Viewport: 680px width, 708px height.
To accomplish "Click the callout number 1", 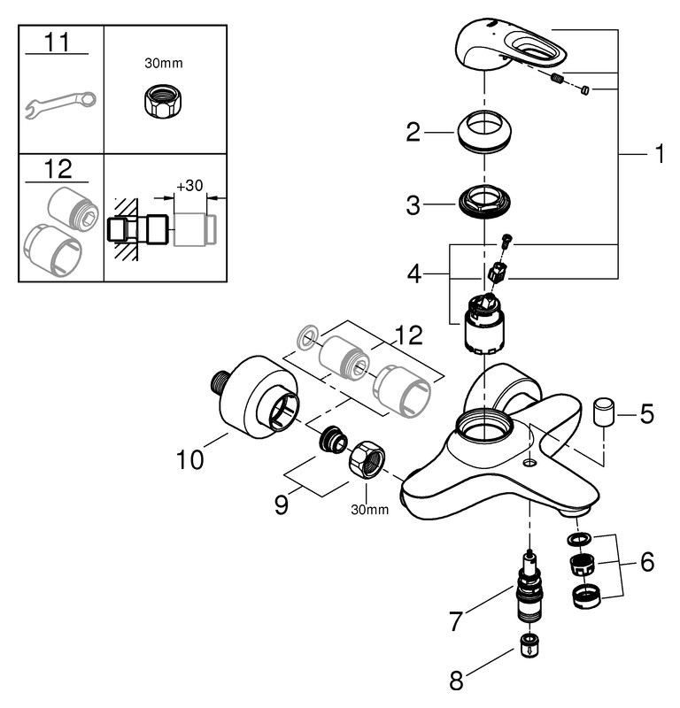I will pyautogui.click(x=658, y=155).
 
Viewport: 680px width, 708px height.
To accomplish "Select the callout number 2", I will pyautogui.click(x=413, y=134).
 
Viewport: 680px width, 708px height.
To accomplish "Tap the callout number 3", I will pyautogui.click(x=413, y=206).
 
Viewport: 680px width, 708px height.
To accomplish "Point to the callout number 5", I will pyautogui.click(x=646, y=413).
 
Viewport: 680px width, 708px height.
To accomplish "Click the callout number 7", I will pyautogui.click(x=456, y=621).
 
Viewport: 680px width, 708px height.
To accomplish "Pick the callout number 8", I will pyautogui.click(x=456, y=681).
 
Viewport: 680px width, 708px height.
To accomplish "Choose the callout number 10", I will pyautogui.click(x=190, y=460).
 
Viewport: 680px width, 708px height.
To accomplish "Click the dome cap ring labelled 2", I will pyautogui.click(x=486, y=133).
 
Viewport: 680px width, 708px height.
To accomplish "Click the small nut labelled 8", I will pyautogui.click(x=529, y=645).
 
